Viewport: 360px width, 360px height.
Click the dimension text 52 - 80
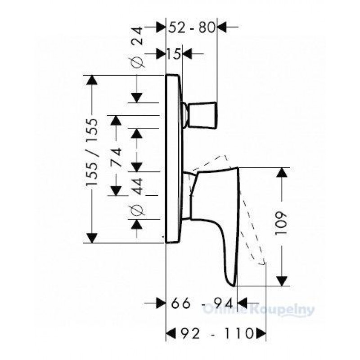192,27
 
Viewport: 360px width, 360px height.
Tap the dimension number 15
174,54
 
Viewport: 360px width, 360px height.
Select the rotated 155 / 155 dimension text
92,152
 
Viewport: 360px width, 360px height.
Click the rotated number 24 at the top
137,36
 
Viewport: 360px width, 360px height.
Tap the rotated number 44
137,186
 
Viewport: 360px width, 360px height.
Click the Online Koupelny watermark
258,310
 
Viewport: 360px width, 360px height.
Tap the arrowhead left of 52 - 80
161,27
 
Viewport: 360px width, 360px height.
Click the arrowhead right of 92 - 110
261,333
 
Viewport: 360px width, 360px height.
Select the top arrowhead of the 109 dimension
282,173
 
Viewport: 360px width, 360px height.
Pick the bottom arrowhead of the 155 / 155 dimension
92,238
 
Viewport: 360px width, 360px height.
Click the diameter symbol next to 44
137,210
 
